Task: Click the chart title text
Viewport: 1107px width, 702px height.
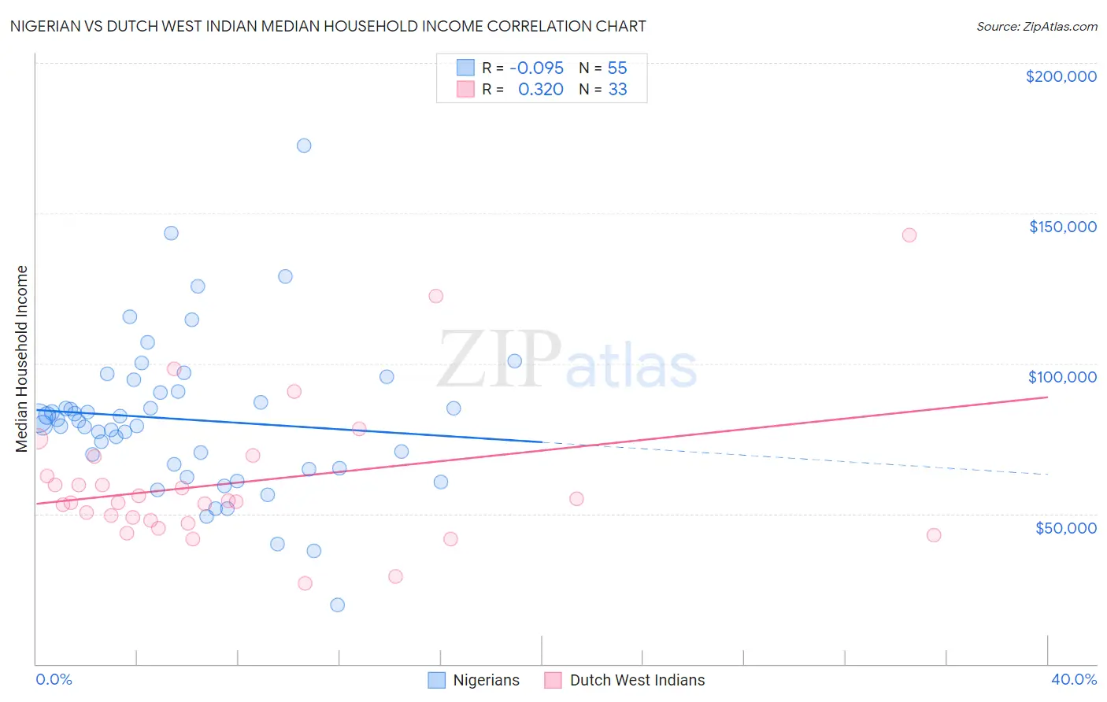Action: pos(328,26)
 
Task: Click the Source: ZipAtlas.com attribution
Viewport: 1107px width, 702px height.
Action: pos(1036,27)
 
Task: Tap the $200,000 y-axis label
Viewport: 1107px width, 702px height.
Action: pos(1061,76)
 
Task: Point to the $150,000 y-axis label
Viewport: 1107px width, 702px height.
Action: pos(1062,227)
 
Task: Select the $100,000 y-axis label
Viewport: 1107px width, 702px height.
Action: pos(1062,377)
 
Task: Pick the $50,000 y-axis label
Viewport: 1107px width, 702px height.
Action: pos(1065,527)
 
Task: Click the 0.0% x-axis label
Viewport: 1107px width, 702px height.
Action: pos(54,679)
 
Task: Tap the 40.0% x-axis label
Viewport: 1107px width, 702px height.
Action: pos(1073,679)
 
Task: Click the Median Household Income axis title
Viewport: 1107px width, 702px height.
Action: pos(22,359)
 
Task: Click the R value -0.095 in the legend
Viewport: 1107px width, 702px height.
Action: pos(536,68)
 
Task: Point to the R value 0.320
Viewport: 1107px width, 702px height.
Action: pos(540,90)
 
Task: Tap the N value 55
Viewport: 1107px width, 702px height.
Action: pos(617,68)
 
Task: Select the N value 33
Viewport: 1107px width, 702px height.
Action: pos(617,90)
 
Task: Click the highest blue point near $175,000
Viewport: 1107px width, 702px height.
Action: pos(304,146)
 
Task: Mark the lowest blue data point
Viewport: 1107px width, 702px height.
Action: pos(338,604)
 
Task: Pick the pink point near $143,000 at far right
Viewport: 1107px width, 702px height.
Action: pos(909,235)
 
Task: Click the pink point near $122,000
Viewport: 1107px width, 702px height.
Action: pos(435,296)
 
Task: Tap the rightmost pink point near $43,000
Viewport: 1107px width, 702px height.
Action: pos(934,535)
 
